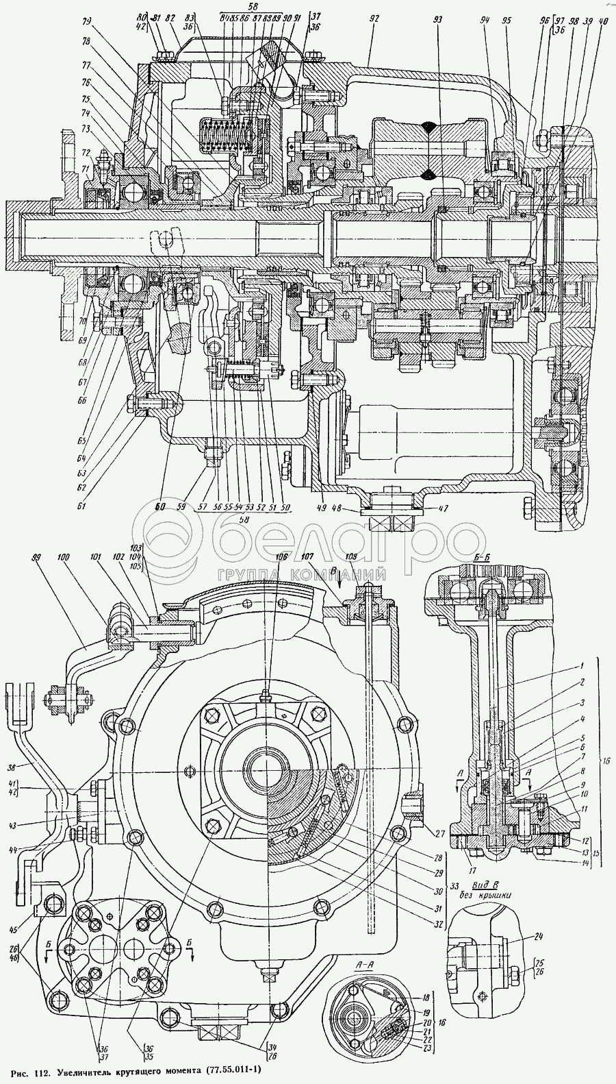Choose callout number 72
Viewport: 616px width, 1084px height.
(x=86, y=152)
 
